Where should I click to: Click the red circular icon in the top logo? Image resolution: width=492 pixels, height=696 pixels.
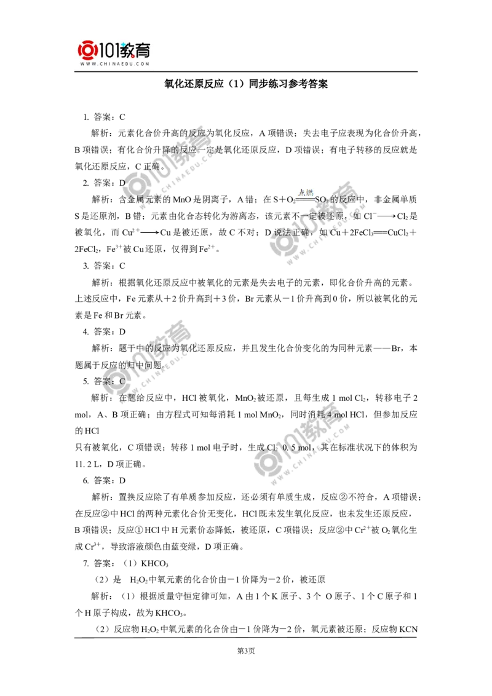coord(88,50)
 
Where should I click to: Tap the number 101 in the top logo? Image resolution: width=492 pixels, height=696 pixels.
coord(110,50)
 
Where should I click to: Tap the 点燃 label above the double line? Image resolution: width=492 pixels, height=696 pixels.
coord(306,192)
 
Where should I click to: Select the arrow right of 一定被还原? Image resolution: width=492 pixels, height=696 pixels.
coord(386,216)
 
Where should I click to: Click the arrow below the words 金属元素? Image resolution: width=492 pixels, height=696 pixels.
coord(149,232)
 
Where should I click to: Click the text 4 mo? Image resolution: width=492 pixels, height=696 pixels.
coord(335,415)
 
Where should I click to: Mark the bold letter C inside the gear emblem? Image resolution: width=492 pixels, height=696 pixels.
coord(122,381)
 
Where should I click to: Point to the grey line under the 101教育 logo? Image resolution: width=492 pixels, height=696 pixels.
coord(115,73)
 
